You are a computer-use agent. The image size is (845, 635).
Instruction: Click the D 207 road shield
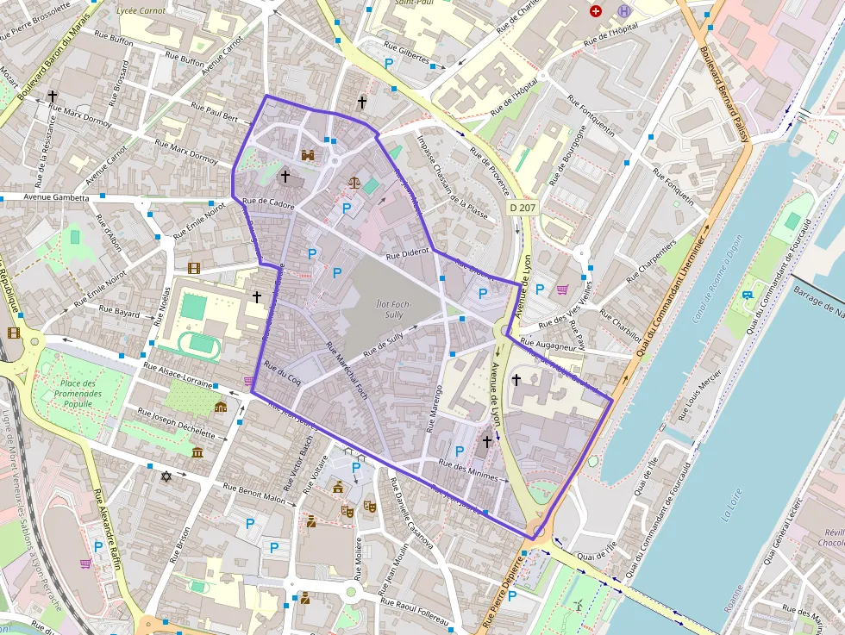(521, 208)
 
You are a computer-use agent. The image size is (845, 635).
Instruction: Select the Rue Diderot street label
(408, 254)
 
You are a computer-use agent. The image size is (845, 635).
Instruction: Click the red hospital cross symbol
(595, 11)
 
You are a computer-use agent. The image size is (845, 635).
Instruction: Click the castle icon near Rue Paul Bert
(308, 155)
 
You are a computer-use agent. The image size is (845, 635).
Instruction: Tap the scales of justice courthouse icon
(354, 182)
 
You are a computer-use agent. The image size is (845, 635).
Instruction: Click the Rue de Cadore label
(269, 205)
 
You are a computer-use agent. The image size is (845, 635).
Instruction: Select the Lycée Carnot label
(141, 12)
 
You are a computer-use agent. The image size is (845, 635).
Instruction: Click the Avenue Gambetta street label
(57, 197)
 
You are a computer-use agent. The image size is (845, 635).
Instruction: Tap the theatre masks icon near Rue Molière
(347, 510)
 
